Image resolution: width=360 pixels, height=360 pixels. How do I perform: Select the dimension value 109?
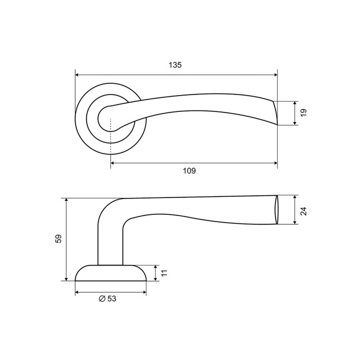click(190, 172)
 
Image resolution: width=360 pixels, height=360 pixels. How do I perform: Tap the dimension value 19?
click(304, 112)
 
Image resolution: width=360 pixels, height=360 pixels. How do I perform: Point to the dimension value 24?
click(304, 210)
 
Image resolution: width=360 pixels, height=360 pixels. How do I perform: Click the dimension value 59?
click(58, 239)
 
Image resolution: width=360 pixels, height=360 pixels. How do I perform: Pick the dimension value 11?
click(165, 273)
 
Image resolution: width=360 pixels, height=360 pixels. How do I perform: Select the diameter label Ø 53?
click(107, 299)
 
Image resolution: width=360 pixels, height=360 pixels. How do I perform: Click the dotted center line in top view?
click(111, 135)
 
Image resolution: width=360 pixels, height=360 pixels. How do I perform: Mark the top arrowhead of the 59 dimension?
click(66, 201)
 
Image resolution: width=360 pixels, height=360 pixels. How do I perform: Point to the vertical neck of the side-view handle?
click(110, 242)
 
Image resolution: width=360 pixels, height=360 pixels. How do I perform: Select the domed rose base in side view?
click(110, 273)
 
